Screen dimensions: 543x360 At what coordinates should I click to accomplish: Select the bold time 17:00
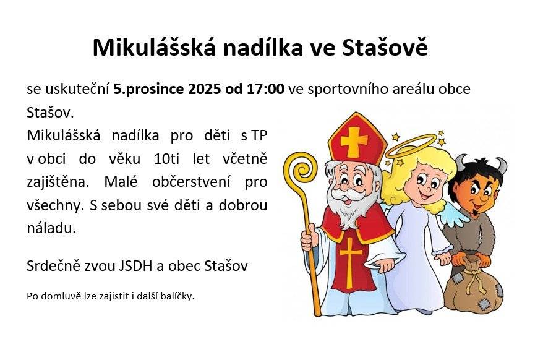(265, 89)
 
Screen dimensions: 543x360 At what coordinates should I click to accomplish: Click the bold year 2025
(204, 89)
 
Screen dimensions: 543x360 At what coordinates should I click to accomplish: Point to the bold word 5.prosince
(149, 90)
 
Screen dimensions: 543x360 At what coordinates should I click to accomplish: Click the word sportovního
(348, 90)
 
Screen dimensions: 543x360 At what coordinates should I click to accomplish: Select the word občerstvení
(191, 182)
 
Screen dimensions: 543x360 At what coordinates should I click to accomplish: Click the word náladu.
(51, 228)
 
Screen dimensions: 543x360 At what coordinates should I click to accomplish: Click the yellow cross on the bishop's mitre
(354, 142)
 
